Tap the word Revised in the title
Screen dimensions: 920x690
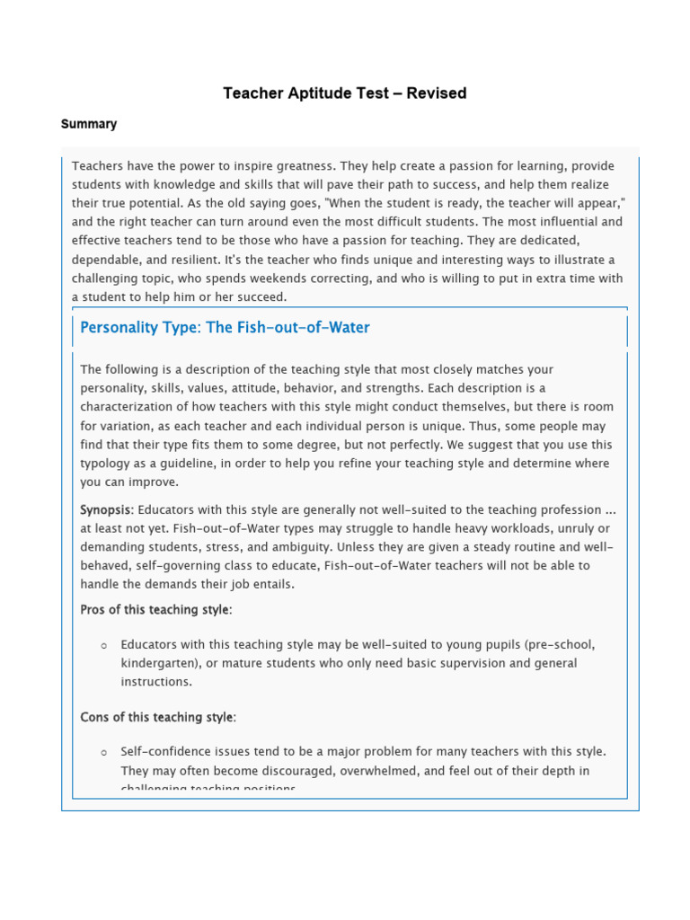(437, 93)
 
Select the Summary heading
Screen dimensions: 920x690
(89, 124)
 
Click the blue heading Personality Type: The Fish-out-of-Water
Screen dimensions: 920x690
(225, 328)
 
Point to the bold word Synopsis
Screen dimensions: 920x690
(105, 509)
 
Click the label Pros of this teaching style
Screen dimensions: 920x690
(155, 610)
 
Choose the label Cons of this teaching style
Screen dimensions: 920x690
(157, 717)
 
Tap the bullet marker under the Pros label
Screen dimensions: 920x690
(104, 646)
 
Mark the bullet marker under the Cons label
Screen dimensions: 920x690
(104, 753)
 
